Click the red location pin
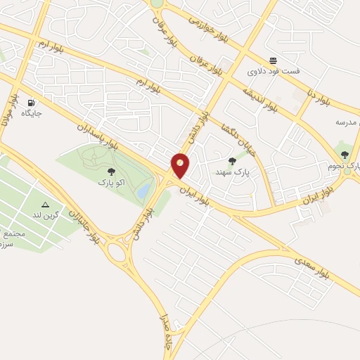click(x=181, y=165)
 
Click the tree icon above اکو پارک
click(x=110, y=171)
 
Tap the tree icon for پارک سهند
click(x=233, y=160)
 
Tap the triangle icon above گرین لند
click(x=56, y=205)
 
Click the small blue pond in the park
click(x=144, y=189)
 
